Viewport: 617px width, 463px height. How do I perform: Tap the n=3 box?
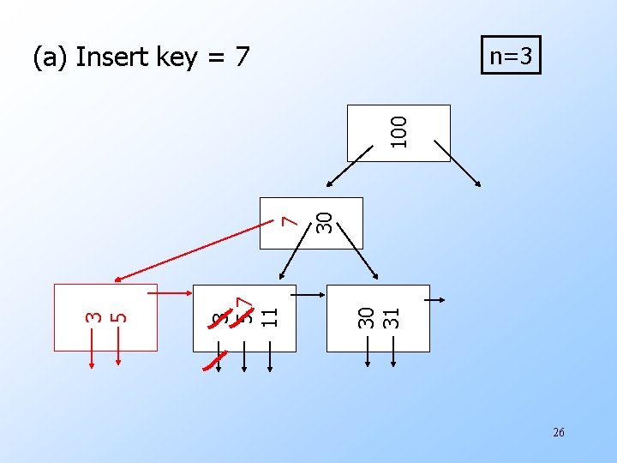[x=511, y=57]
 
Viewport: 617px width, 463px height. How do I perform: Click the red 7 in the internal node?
[x=291, y=220]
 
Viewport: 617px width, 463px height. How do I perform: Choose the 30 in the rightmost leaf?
[x=366, y=317]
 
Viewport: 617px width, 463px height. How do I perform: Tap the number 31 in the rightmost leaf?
[x=392, y=317]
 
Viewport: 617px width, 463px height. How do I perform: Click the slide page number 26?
[x=558, y=432]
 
